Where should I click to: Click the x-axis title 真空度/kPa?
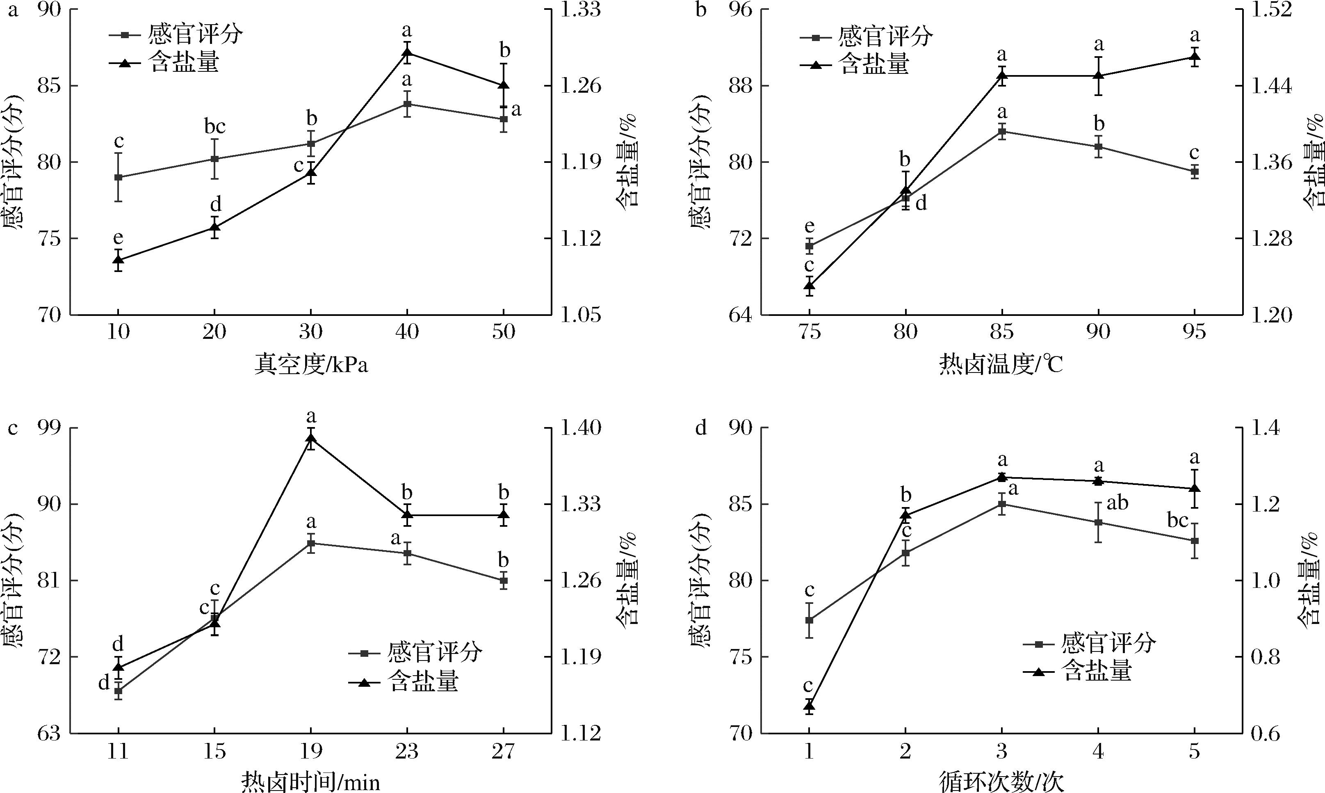[x=311, y=366]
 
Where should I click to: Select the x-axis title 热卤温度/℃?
[x=1002, y=366]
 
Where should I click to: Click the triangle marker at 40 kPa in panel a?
[x=407, y=53]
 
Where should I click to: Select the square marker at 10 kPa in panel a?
[x=118, y=177]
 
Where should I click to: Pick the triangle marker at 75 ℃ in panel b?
[x=809, y=286]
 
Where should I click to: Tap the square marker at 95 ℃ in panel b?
[x=1195, y=171]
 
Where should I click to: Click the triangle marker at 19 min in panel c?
[x=311, y=438]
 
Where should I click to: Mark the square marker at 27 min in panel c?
[x=503, y=580]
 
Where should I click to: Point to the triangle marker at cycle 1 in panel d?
[x=809, y=706]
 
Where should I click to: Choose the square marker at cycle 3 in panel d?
[x=1002, y=504]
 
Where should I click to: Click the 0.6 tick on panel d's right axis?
[x=1265, y=733]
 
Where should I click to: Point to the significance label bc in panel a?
[x=215, y=127]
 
